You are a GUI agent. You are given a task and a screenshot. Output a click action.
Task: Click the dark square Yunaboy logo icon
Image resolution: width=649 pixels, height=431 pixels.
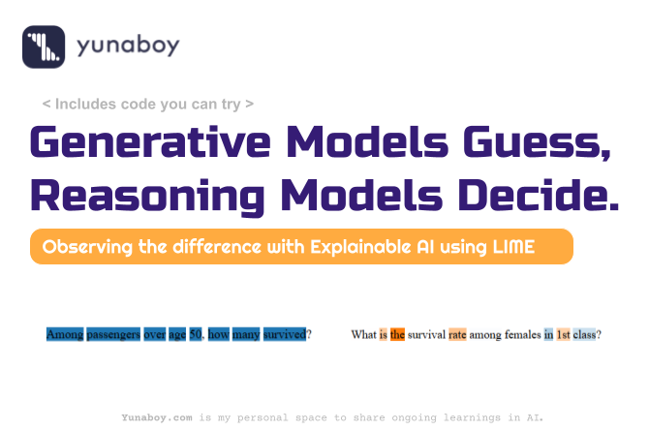[44, 46]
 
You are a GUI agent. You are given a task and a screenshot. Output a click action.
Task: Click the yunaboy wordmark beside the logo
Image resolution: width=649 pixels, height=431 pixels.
[128, 46]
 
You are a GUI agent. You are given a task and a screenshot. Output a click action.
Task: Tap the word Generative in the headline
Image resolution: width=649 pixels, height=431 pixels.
[150, 142]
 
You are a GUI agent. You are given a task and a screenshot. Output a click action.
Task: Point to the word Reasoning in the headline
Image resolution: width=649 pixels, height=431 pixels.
[147, 197]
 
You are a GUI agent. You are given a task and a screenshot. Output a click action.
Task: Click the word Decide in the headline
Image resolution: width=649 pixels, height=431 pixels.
[538, 195]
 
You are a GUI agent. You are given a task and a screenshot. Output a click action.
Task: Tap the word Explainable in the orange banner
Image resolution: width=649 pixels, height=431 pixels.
[360, 247]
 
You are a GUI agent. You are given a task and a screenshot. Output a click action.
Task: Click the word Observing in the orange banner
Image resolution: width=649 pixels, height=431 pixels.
[87, 247]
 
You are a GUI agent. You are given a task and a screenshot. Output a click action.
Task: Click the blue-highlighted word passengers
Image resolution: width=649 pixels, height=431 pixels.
[113, 334]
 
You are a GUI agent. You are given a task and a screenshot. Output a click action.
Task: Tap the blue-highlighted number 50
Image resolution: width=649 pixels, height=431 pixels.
[196, 334]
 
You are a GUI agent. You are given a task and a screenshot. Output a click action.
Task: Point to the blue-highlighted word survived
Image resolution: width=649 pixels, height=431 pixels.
[285, 334]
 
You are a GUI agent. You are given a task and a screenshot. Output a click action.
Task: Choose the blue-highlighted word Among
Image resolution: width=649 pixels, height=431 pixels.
[65, 334]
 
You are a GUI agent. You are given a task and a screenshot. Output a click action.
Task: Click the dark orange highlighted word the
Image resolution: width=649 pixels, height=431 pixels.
[397, 334]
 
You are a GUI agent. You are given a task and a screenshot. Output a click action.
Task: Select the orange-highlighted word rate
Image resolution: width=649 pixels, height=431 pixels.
[457, 334]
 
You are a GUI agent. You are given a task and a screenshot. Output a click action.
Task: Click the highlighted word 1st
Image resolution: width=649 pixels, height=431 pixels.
[564, 334]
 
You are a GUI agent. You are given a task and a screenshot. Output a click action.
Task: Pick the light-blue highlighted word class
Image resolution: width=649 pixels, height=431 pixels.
[584, 334]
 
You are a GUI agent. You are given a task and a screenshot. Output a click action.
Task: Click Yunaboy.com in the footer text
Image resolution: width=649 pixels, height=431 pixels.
[157, 417]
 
